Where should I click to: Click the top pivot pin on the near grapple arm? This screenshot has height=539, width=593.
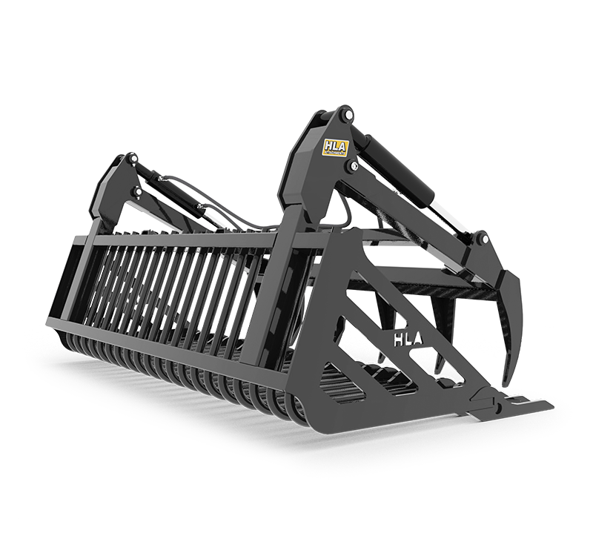click(342, 116)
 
